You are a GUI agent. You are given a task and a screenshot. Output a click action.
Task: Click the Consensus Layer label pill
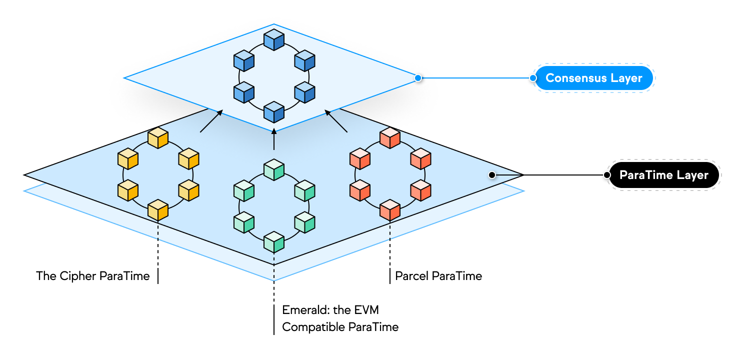coord(594,78)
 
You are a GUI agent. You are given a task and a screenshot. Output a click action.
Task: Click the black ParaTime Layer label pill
coord(664,175)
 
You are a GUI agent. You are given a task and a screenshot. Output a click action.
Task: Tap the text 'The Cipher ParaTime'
coord(93,276)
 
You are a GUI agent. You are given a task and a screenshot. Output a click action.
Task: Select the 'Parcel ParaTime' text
coord(438,276)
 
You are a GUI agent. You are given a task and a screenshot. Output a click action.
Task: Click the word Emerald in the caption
coord(305,310)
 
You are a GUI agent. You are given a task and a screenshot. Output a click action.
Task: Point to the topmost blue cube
coord(274,40)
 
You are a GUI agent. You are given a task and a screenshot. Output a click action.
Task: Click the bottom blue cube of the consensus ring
coord(274,112)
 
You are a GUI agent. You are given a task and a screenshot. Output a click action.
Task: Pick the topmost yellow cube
coord(158,138)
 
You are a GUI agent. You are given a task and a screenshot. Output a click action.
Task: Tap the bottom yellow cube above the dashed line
coord(158,210)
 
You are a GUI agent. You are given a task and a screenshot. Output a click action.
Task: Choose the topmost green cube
coord(274,169)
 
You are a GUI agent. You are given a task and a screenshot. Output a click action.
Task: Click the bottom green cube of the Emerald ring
coord(274,242)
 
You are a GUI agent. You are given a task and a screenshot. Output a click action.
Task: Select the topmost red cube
coord(390,138)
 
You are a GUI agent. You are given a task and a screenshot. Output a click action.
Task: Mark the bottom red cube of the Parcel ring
coord(390,210)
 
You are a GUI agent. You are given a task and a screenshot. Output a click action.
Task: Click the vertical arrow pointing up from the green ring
coord(274,139)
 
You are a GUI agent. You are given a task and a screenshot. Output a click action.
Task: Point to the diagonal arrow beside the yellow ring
coord(211,121)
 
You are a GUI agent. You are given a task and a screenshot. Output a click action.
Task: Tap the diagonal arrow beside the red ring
coord(336,121)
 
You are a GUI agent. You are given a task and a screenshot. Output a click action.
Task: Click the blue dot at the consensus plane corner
coord(418,78)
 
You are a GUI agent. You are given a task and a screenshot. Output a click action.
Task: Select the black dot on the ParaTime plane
coord(492,175)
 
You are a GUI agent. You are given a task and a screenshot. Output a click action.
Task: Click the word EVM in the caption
coord(366,310)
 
